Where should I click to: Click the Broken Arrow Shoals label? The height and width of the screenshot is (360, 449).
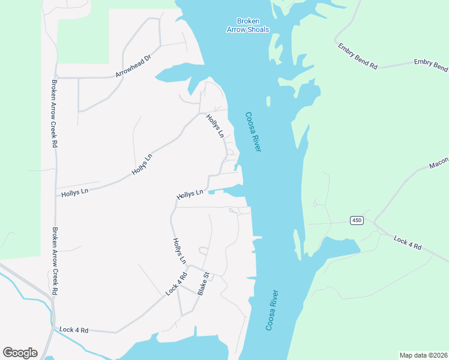(x=248, y=25)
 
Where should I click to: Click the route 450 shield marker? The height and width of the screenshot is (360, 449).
(x=357, y=221)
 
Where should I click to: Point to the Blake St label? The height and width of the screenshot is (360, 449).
(x=205, y=284)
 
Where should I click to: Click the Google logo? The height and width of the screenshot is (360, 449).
(x=20, y=353)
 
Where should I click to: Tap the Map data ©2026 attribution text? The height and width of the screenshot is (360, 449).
(x=423, y=355)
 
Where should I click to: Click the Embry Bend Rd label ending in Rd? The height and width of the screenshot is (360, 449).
(x=357, y=56)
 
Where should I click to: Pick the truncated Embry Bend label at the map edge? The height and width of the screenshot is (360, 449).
(x=431, y=64)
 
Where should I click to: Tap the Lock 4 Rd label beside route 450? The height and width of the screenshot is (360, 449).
(x=408, y=243)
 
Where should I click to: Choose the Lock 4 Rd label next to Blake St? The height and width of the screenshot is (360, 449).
(x=176, y=284)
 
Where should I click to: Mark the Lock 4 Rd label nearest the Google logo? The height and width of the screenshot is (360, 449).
(x=74, y=330)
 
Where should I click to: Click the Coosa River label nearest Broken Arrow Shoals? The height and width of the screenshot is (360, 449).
(x=253, y=131)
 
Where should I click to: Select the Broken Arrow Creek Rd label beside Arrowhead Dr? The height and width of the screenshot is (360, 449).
(x=54, y=113)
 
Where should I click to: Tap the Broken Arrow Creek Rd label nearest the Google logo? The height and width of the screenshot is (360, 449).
(x=54, y=260)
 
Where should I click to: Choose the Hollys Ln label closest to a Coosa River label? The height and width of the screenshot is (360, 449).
(x=215, y=125)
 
